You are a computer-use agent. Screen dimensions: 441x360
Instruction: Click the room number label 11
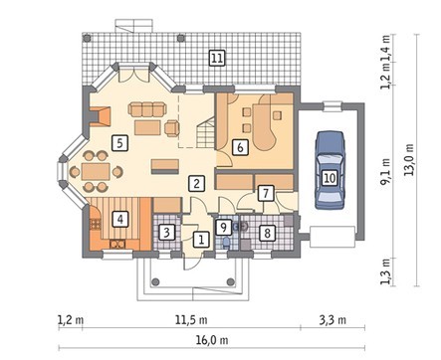217,58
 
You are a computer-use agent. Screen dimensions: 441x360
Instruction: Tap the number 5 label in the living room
119,143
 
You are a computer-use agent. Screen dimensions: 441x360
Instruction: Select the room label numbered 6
240,147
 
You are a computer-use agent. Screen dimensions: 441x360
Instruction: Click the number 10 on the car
330,178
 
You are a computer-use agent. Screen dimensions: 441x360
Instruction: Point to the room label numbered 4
119,219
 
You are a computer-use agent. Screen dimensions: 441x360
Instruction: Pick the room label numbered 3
166,232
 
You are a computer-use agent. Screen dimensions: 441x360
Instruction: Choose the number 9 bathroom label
223,227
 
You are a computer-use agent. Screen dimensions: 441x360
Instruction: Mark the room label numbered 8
267,233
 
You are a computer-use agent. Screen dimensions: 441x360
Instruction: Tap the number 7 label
266,193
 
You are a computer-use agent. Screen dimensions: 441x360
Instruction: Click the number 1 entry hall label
201,239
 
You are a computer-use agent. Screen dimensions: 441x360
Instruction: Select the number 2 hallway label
197,183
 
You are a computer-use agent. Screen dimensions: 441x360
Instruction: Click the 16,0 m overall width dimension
212,340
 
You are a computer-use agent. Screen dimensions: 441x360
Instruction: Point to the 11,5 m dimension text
191,320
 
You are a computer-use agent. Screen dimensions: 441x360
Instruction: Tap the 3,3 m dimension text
332,320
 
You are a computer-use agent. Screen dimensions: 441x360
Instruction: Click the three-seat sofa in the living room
146,109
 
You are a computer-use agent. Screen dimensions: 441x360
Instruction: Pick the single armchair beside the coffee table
172,127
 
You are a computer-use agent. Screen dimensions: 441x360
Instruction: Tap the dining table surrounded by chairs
96,171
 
